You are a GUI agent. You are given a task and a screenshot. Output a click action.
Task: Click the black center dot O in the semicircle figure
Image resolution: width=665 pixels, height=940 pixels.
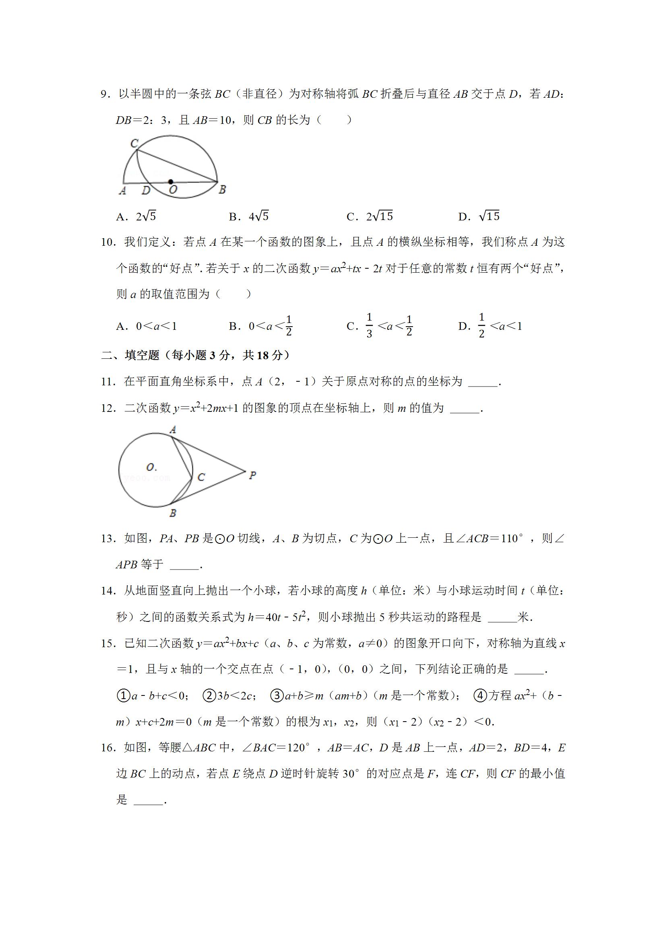click(170, 182)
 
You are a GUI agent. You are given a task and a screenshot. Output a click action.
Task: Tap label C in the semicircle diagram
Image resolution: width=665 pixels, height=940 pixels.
click(134, 143)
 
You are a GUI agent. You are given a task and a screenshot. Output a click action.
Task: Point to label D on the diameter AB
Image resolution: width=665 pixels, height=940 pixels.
click(146, 190)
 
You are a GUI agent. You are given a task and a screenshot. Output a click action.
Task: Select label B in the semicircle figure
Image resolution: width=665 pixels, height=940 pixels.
click(222, 189)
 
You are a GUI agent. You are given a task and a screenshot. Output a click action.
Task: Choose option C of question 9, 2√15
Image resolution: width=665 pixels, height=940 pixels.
click(370, 216)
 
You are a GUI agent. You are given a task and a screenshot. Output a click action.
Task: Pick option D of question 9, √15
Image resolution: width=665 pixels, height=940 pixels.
click(479, 216)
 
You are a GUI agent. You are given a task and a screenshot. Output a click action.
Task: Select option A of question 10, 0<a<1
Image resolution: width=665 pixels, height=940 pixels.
click(146, 326)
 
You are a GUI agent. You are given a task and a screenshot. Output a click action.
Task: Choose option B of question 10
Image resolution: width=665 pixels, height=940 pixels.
click(260, 326)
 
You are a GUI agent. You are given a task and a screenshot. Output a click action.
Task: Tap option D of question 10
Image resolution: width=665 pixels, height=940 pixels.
click(490, 326)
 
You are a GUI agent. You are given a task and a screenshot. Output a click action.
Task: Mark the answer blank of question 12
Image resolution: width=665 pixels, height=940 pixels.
click(465, 409)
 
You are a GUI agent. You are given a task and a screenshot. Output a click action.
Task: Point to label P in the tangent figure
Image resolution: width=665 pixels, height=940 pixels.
click(252, 475)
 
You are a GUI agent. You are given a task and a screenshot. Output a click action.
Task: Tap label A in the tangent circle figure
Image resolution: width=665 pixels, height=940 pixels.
click(173, 430)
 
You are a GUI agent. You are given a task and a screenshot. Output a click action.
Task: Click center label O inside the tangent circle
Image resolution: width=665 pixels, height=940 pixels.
click(151, 467)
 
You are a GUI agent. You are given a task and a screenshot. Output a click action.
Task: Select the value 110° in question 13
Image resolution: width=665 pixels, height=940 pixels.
click(512, 538)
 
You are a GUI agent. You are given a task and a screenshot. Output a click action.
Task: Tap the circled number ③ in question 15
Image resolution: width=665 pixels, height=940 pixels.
click(277, 695)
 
